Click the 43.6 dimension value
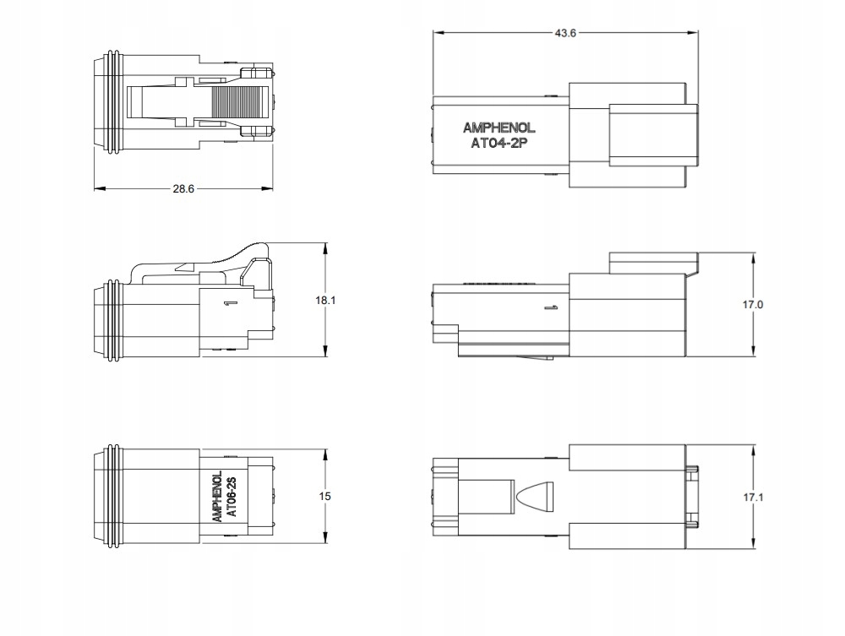click(565, 33)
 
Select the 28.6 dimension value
click(183, 188)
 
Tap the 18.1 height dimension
click(325, 300)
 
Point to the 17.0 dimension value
click(753, 305)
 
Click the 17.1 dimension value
click(754, 497)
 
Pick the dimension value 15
click(324, 496)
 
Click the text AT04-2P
click(499, 144)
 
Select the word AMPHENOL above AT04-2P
click(499, 128)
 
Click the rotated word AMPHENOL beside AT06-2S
click(218, 497)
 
